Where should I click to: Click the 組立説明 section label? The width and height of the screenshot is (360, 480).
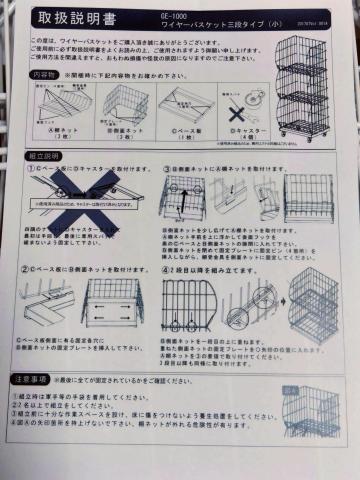point(45,157)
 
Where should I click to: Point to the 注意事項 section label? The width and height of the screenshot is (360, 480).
point(45,379)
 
